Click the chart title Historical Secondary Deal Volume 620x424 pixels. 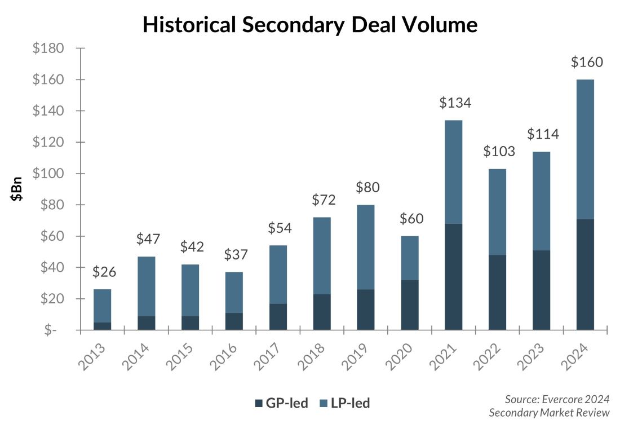click(x=310, y=25)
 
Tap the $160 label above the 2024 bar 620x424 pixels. click(x=587, y=62)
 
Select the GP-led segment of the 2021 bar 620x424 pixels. click(x=453, y=276)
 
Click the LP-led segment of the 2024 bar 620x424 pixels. click(x=585, y=149)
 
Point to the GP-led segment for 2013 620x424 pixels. click(x=102, y=326)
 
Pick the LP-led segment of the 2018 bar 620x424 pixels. click(x=321, y=255)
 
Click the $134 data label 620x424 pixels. click(x=455, y=103)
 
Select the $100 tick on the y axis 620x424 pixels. click(x=48, y=174)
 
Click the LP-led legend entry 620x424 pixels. click(x=344, y=403)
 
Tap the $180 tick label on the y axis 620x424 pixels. click(x=48, y=48)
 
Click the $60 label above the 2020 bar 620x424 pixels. click(x=411, y=219)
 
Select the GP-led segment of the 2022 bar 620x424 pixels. click(x=497, y=292)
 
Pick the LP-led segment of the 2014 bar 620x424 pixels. click(x=146, y=286)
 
